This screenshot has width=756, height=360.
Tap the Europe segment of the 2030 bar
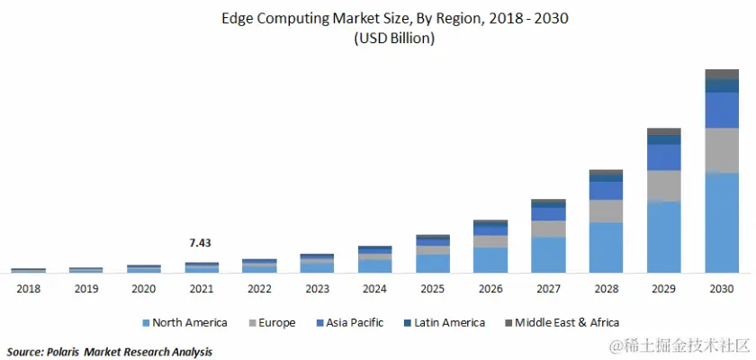click(722, 149)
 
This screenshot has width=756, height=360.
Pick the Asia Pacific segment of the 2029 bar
click(664, 157)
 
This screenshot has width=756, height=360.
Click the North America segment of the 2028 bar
click(606, 247)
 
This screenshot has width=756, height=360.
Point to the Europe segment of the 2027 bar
click(548, 229)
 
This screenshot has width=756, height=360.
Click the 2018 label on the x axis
click(28, 289)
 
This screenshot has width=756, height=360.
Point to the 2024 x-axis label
click(374, 289)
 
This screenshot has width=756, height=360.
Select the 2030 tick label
click(722, 289)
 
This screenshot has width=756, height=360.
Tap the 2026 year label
click(490, 289)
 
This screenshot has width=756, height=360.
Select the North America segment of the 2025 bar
click(433, 263)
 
